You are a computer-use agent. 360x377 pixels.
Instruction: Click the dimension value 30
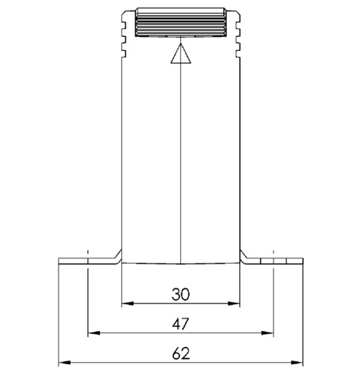point(180,294)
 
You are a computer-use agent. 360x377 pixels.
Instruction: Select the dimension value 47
point(180,324)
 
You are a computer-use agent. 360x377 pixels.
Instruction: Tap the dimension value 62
point(181,354)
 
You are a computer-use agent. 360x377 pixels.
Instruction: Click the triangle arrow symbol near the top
point(180,53)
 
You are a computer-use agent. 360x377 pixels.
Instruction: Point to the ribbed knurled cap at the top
point(180,22)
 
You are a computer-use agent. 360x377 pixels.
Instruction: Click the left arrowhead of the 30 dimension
point(128,303)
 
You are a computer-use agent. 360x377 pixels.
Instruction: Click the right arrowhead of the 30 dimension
point(234,303)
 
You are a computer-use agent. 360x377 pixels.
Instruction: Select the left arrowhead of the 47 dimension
point(94,333)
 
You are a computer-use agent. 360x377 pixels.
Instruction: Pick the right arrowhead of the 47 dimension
point(267,333)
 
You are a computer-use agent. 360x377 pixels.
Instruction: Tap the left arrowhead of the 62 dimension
point(65,363)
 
